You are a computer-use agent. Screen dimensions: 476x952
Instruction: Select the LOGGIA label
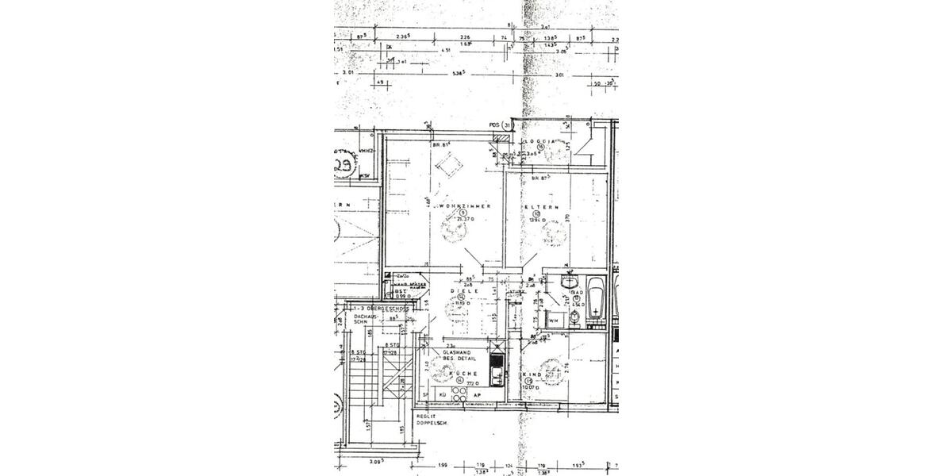pos(541,140)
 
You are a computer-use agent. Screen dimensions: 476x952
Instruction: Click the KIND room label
pos(533,374)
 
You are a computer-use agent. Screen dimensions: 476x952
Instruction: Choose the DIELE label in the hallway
pos(462,291)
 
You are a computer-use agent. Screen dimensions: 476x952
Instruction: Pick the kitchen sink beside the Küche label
pos(496,374)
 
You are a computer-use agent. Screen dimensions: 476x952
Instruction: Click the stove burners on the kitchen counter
pos(459,394)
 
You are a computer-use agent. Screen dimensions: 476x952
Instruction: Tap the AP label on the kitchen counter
pos(478,394)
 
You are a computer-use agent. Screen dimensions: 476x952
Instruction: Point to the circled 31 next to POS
pos(509,125)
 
